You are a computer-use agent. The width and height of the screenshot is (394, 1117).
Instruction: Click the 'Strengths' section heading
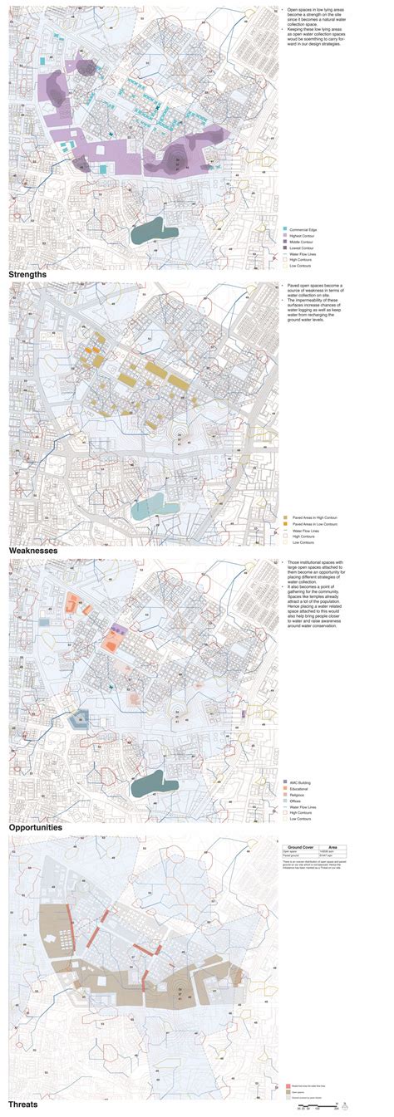click(27, 273)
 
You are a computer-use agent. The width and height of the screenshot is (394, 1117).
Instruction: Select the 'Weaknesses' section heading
click(33, 551)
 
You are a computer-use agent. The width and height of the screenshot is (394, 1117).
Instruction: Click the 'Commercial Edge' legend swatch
click(285, 228)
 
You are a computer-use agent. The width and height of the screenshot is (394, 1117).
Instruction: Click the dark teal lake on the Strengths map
click(155, 229)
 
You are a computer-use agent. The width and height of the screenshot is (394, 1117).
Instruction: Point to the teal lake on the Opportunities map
click(155, 781)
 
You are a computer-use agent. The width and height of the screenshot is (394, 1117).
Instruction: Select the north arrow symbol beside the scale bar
click(348, 1105)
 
